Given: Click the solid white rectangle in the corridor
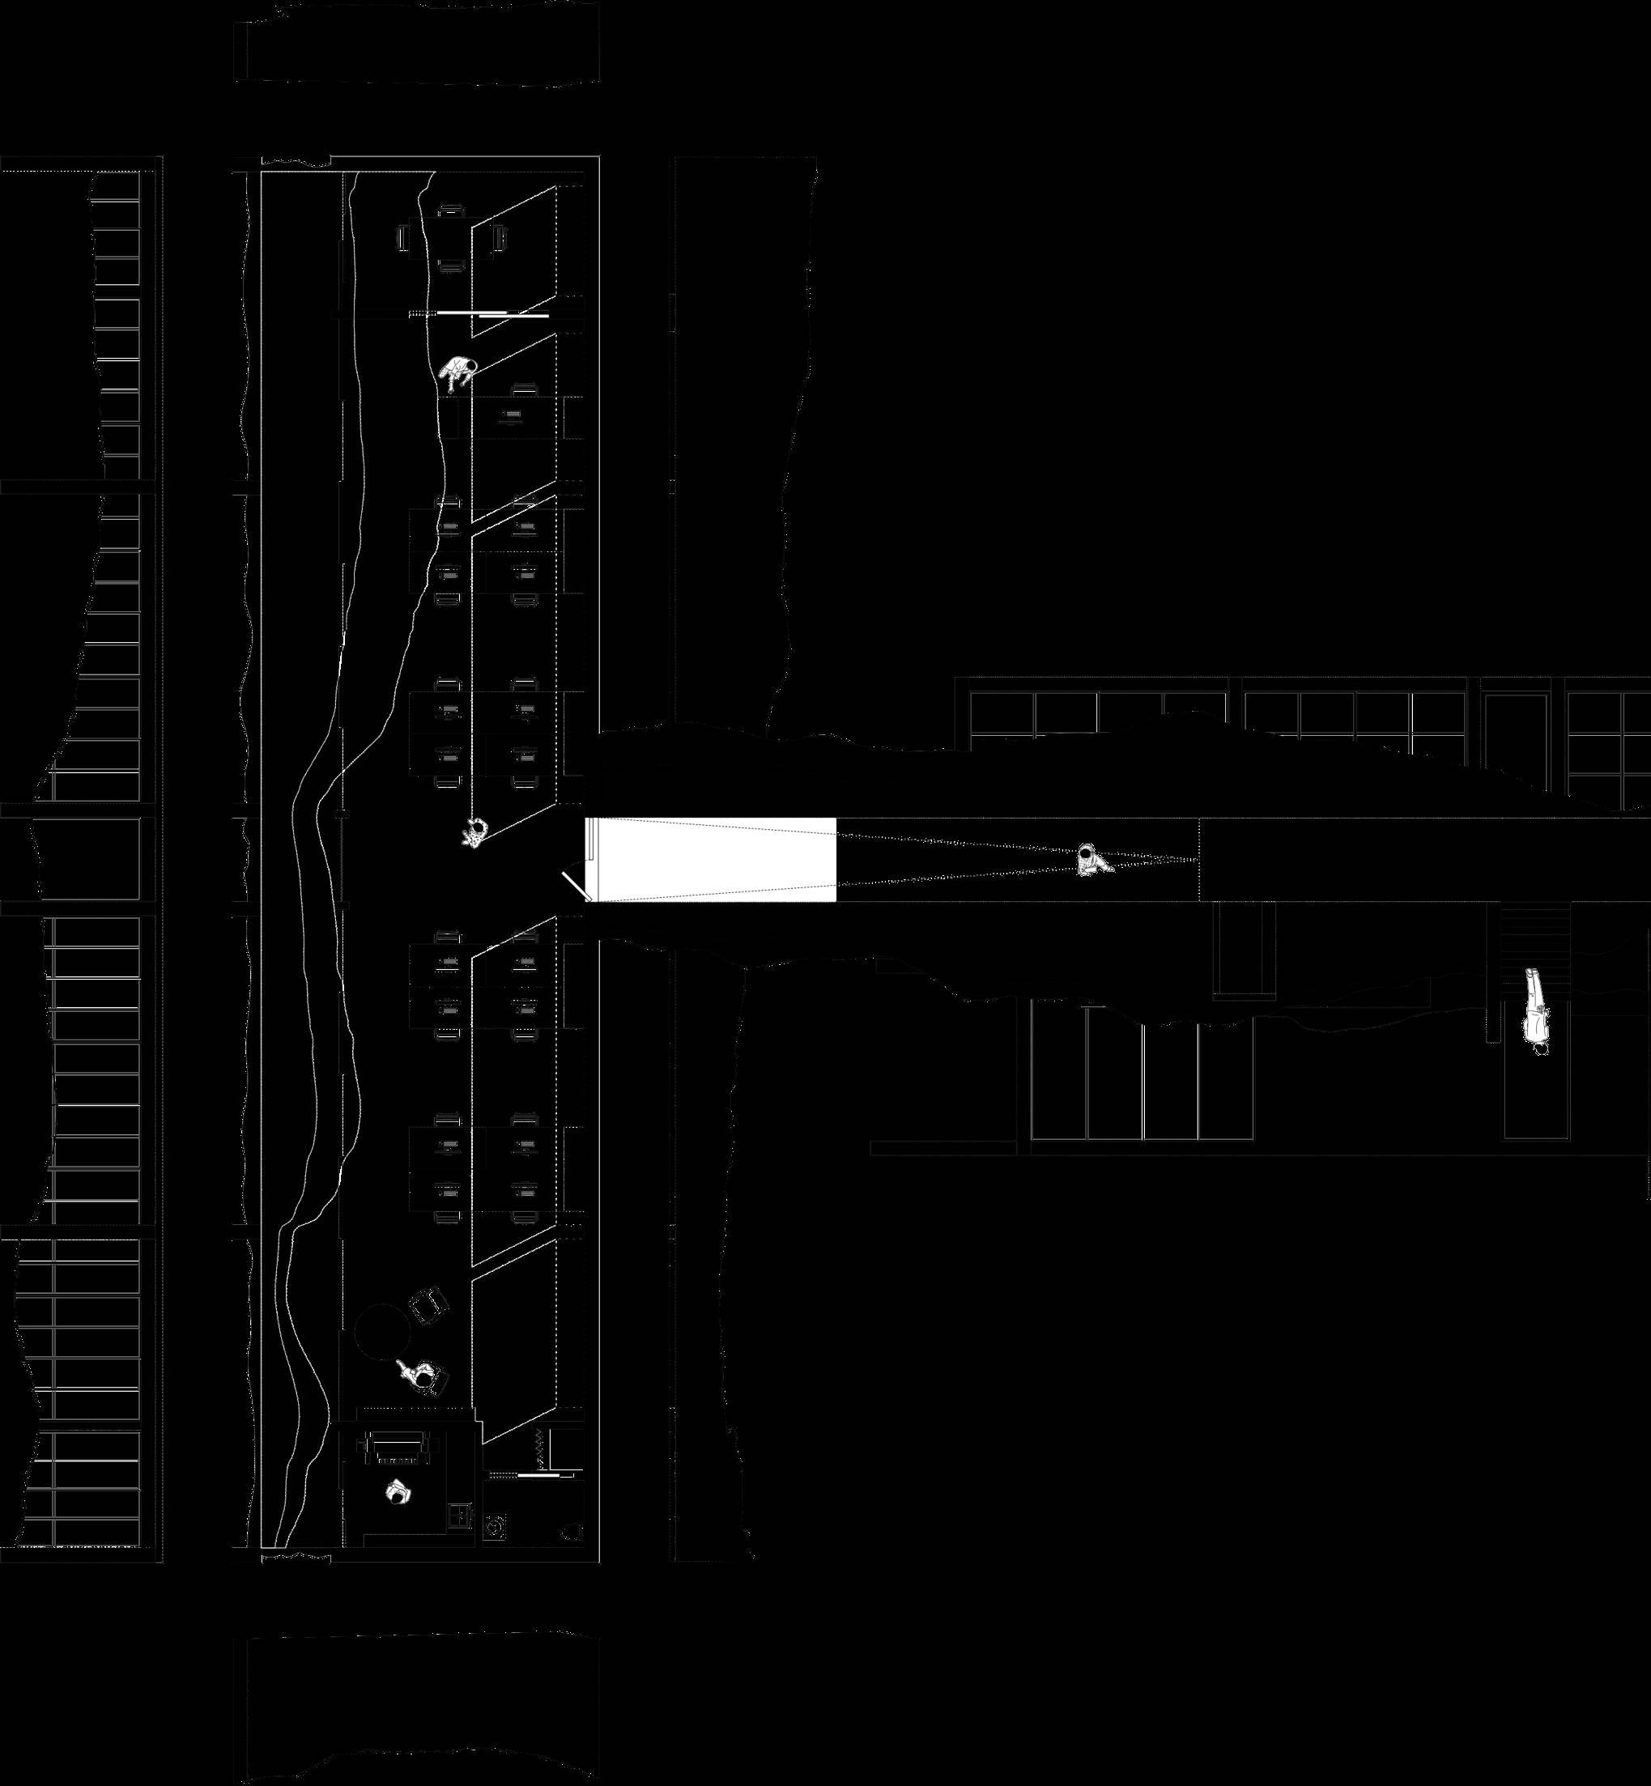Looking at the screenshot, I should (712, 860).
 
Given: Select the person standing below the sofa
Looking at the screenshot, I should (398, 1492).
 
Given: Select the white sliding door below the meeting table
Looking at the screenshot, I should (512, 314).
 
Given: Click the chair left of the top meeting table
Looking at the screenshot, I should (404, 239).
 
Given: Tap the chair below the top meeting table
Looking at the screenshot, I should (452, 266).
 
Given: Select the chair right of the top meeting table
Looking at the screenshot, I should (500, 239).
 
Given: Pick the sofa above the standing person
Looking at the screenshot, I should (398, 1447).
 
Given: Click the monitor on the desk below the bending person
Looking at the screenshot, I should (510, 415).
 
